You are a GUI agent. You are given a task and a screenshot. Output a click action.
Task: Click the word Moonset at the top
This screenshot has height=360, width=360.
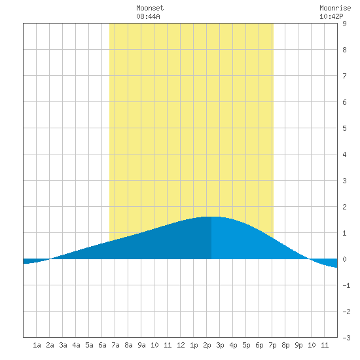(x=150, y=8)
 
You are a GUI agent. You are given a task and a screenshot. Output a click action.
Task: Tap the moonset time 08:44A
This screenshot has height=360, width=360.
(x=148, y=16)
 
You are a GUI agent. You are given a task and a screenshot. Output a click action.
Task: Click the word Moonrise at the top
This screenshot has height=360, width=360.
(x=335, y=8)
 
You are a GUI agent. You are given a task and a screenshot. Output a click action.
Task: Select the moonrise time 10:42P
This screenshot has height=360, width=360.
(x=331, y=16)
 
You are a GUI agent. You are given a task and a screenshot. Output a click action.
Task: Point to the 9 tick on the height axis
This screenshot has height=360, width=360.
(x=344, y=24)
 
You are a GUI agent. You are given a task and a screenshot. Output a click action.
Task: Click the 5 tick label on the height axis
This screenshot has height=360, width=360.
(x=344, y=128)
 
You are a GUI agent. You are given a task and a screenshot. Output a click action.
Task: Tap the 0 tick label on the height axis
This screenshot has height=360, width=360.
(x=344, y=259)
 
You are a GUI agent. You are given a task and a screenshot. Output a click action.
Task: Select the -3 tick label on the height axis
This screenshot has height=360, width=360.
(x=346, y=338)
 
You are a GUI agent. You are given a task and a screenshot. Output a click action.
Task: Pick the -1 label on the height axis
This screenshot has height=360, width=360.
(x=346, y=285)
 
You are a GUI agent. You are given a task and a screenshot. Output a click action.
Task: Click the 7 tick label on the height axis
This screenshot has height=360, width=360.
(x=344, y=76)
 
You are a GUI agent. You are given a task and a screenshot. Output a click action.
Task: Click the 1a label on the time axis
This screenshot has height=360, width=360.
(x=37, y=345)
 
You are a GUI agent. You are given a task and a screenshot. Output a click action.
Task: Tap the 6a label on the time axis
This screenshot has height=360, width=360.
(x=102, y=345)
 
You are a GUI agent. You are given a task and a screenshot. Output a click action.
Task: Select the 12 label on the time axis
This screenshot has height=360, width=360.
(x=181, y=345)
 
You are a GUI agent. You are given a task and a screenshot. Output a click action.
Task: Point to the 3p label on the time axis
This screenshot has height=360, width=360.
(x=220, y=345)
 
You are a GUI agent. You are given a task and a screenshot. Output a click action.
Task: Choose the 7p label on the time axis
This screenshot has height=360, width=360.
(x=272, y=345)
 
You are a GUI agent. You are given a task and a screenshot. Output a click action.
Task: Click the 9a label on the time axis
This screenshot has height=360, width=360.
(x=141, y=345)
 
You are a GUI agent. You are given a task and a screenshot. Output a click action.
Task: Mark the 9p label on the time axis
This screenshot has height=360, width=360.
(x=298, y=345)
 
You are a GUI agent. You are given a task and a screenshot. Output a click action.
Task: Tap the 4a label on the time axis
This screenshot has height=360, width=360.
(x=76, y=345)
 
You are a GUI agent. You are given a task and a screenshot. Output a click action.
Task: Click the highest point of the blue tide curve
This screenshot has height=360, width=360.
(x=211, y=217)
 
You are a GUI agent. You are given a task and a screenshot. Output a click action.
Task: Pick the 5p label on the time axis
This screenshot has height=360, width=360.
(x=246, y=345)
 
